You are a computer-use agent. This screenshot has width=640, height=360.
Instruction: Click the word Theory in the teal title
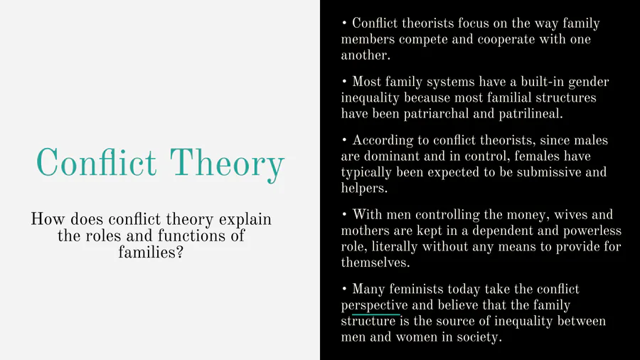point(227,165)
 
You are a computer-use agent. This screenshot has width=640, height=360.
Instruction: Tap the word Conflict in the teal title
point(96,162)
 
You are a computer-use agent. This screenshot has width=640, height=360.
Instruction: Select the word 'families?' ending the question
point(151,253)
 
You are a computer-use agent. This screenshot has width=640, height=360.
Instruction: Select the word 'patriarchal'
point(436,113)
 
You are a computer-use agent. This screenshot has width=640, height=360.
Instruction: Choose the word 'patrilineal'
point(530,113)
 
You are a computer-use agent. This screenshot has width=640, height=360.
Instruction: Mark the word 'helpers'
point(363,188)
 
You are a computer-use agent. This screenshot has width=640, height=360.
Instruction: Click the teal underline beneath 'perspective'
point(376,314)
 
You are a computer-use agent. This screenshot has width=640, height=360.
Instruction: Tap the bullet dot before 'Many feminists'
point(344,289)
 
